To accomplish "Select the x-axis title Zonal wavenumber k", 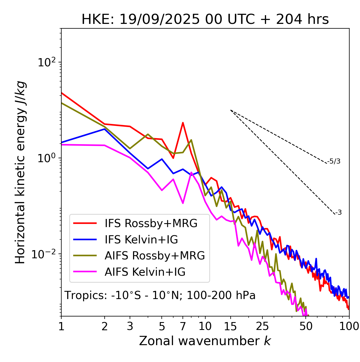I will (205, 341).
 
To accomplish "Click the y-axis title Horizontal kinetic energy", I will (20, 172).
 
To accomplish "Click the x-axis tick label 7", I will (183, 326).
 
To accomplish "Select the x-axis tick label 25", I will (262, 326).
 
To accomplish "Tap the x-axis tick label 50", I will (306, 326).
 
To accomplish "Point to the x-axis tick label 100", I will (349, 326).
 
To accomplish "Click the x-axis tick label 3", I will (130, 326).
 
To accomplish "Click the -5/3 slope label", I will (334, 161).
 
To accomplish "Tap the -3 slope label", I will (338, 213).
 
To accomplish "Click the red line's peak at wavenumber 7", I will (183, 123).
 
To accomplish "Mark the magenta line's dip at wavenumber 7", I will (183, 203).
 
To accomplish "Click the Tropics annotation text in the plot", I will (160, 296).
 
